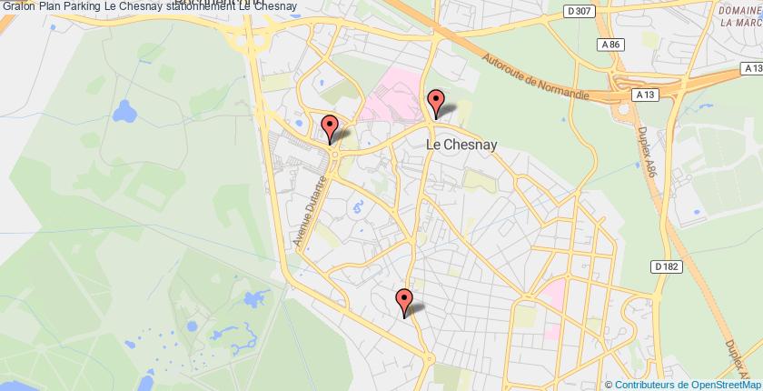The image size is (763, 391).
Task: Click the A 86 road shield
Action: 609,44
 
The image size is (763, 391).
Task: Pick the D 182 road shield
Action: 667,266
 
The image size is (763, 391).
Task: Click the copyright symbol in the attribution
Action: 609,384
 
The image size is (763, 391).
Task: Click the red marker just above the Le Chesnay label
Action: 436,103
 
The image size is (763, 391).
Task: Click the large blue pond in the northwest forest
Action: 124,113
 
